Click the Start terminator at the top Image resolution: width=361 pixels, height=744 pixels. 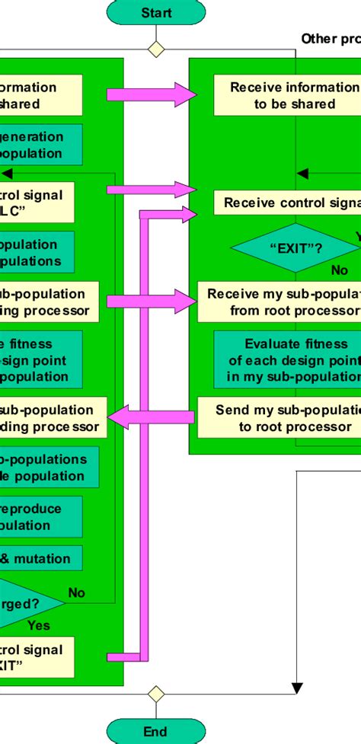156,13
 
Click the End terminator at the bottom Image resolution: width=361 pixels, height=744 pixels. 156,731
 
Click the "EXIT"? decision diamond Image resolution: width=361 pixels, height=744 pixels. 294,247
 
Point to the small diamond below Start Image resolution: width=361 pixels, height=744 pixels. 156,49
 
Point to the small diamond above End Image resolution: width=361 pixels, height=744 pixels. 156,693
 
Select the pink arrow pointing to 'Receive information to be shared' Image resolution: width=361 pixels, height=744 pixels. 152,94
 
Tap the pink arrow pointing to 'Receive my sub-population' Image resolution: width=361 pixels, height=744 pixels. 152,302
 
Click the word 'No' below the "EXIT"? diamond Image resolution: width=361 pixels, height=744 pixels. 340,270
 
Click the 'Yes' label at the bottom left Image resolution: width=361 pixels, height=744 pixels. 39,625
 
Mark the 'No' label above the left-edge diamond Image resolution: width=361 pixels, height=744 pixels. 77,592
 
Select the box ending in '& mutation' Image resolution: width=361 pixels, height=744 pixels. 42,559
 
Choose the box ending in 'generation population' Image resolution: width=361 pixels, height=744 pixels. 38,145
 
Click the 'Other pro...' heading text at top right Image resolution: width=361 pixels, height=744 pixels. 331,39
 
